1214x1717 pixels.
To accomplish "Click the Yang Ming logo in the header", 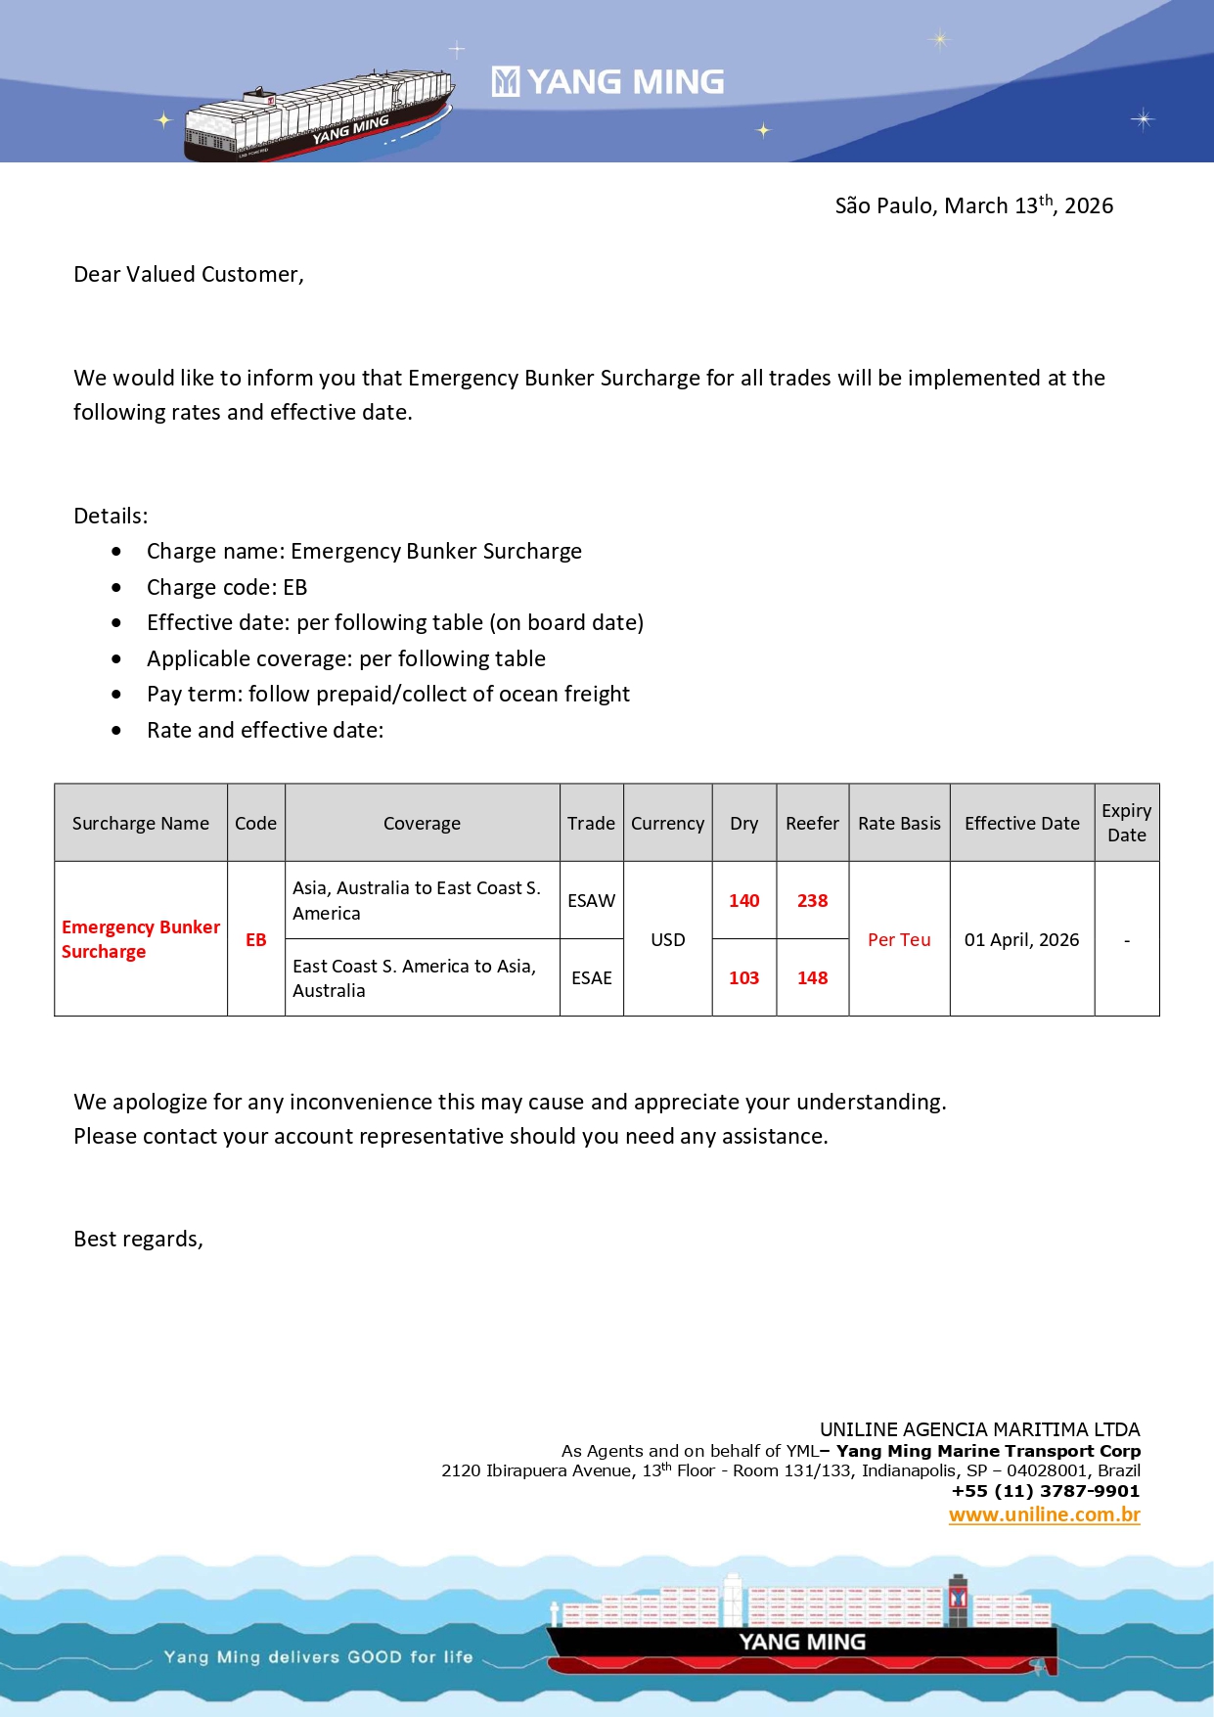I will pyautogui.click(x=607, y=82).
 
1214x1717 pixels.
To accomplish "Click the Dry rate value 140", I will pyautogui.click(x=743, y=900).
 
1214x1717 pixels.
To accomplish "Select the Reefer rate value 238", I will pyautogui.click(x=812, y=900).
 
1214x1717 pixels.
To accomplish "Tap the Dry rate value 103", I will pyautogui.click(x=743, y=977).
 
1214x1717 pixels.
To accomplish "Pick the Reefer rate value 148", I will pyautogui.click(x=812, y=977).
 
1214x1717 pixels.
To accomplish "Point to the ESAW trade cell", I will pyautogui.click(x=591, y=900).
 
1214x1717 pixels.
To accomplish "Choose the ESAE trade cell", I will pyautogui.click(x=591, y=977).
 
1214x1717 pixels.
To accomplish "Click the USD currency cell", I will pyautogui.click(x=667, y=939).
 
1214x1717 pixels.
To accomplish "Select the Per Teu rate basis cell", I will pyautogui.click(x=899, y=939).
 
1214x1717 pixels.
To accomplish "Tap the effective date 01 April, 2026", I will pyautogui.click(x=1021, y=939).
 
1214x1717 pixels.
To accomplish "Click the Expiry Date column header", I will pyautogui.click(x=1126, y=823).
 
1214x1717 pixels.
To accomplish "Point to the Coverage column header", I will pyautogui.click(x=422, y=824).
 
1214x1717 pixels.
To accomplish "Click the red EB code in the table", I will pyautogui.click(x=255, y=939).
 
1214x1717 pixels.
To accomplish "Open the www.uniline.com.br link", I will pyautogui.click(x=1044, y=1514).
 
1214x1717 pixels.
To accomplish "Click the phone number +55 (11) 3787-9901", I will pyautogui.click(x=1045, y=1491).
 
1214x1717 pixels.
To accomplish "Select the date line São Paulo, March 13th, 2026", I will pyautogui.click(x=973, y=205).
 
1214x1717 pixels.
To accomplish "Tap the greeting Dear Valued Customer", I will pyautogui.click(x=189, y=275).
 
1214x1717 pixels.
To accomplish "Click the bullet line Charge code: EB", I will pyautogui.click(x=227, y=587).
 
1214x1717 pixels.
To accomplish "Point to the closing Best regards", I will pyautogui.click(x=138, y=1240).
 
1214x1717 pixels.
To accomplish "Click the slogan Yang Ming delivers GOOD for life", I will pyautogui.click(x=318, y=1656).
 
